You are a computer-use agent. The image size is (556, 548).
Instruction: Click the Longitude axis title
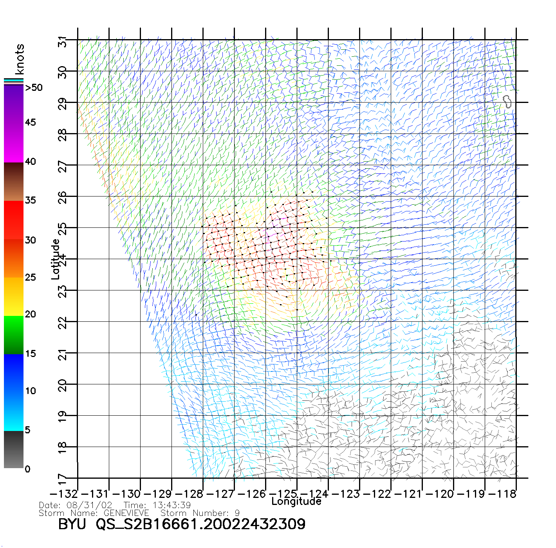[x=296, y=501]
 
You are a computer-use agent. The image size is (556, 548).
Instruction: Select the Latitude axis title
[x=56, y=259]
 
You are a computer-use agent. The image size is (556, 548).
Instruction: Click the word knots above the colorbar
[x=20, y=59]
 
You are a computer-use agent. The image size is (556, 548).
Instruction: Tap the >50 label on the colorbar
[x=34, y=88]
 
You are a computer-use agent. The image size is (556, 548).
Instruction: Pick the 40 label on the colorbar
[x=31, y=161]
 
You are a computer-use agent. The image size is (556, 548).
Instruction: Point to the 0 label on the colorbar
[x=27, y=469]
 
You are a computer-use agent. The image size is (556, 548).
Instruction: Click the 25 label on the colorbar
[x=31, y=277]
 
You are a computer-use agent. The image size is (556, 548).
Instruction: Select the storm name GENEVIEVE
[x=126, y=513]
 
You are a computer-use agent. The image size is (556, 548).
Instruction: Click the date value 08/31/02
[x=89, y=505]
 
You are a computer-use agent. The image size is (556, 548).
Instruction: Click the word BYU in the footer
[x=72, y=524]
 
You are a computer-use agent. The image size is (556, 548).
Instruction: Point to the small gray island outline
[x=507, y=101]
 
